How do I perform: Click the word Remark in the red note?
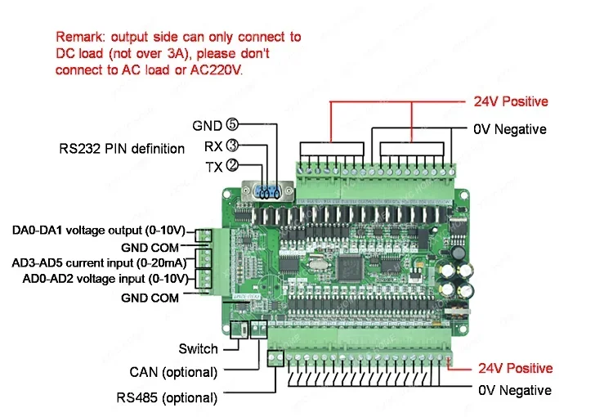[x=80, y=37]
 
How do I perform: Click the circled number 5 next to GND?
[x=232, y=126]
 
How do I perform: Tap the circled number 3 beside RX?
[x=232, y=146]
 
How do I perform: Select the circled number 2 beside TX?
[x=232, y=166]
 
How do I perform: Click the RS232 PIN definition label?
[x=122, y=149]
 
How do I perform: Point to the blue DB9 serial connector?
[x=266, y=192]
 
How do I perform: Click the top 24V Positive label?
[x=511, y=102]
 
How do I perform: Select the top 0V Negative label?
[x=510, y=129]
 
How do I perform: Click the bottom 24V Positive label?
[x=515, y=368]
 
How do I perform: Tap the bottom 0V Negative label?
[x=514, y=390]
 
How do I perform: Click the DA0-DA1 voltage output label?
[x=99, y=231]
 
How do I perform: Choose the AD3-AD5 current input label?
[x=99, y=262]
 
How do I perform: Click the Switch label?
[x=198, y=349]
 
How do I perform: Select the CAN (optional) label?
[x=173, y=372]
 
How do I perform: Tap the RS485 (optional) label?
[x=166, y=398]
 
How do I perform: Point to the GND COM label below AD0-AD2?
[x=150, y=298]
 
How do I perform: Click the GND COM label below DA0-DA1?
[x=150, y=247]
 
